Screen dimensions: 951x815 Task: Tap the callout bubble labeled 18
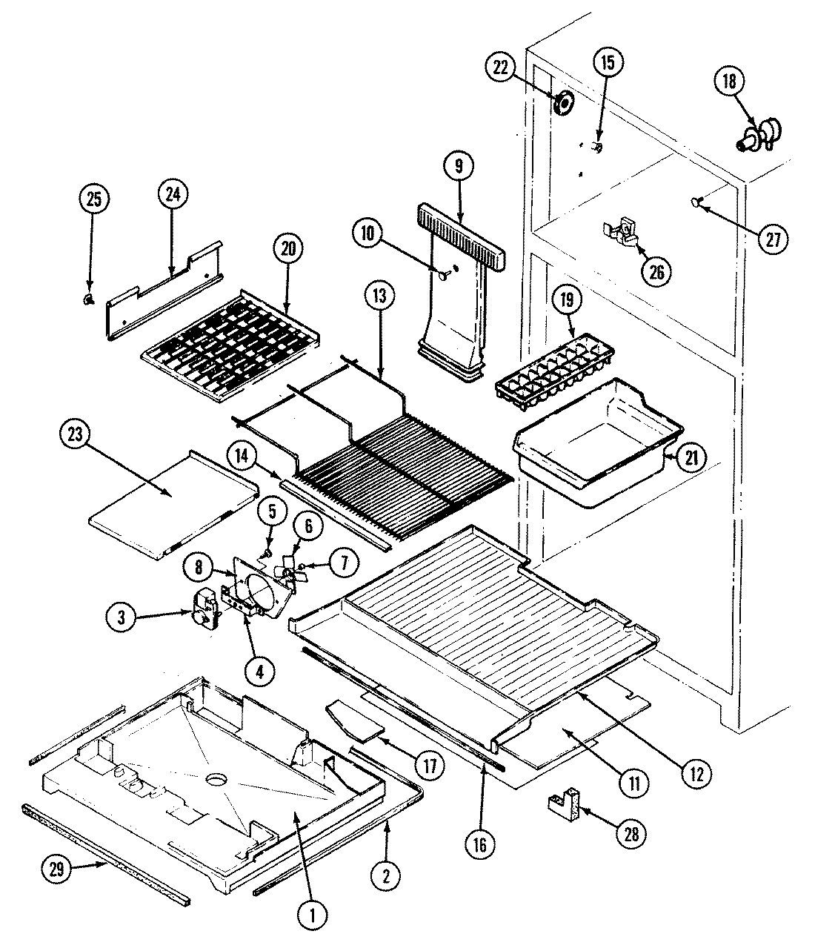tap(729, 82)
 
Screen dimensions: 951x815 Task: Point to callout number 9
tap(458, 167)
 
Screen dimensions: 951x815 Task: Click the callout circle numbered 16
tap(482, 842)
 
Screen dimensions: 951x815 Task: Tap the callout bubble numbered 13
tap(379, 297)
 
